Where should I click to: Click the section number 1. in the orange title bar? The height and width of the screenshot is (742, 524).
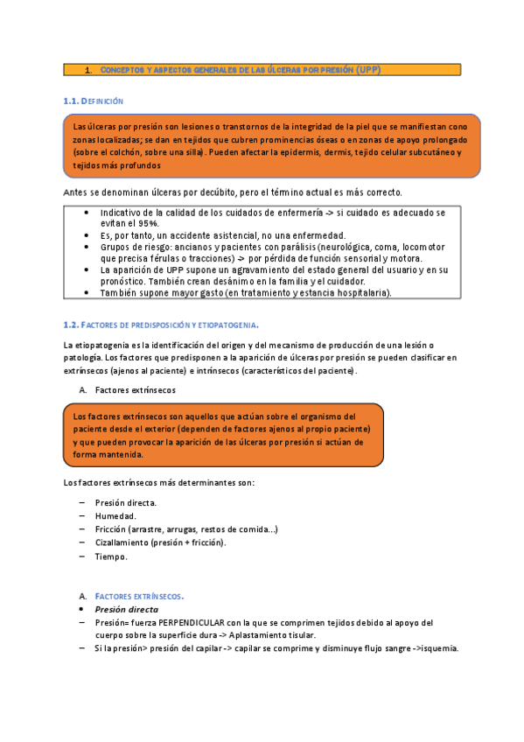click(x=88, y=69)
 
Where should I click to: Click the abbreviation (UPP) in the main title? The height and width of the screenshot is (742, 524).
click(x=367, y=69)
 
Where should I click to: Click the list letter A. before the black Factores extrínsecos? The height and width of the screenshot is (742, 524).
click(x=82, y=389)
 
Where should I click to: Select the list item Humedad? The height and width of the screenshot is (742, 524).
click(x=115, y=516)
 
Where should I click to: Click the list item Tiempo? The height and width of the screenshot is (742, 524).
click(x=111, y=556)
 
